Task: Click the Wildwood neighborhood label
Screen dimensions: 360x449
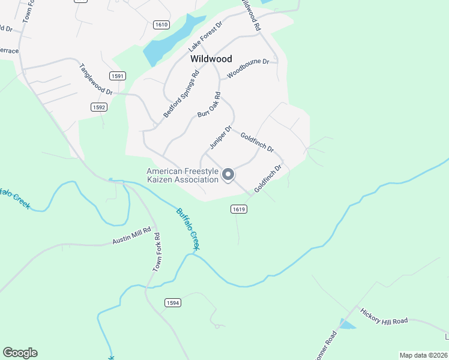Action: (211, 59)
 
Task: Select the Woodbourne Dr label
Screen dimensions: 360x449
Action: (252, 68)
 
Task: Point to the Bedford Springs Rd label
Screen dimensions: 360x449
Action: (181, 95)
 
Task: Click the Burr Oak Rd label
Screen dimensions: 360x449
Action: (209, 104)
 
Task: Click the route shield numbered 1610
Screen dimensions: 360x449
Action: (161, 25)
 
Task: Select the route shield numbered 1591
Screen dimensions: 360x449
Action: (118, 76)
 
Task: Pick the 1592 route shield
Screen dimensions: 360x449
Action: (99, 107)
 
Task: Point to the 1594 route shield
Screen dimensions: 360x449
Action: (172, 303)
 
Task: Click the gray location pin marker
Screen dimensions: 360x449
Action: (228, 175)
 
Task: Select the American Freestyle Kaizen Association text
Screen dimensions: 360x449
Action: (182, 175)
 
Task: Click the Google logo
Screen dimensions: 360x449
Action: (20, 353)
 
